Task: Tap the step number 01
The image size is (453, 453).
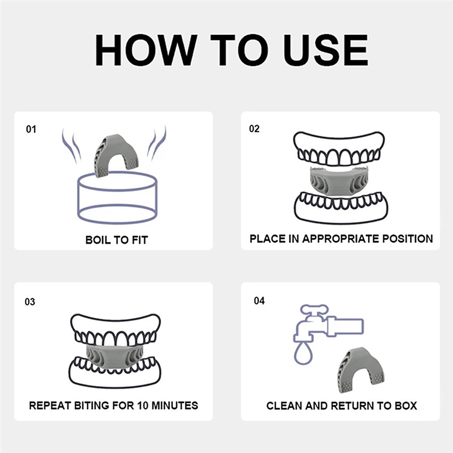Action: point(31,129)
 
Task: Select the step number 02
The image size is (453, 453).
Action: point(254,129)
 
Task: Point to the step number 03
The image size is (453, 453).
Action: point(30,302)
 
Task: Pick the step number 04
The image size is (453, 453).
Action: point(259,301)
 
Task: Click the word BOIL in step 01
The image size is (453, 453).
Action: point(98,240)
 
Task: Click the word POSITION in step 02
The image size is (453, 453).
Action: point(408,239)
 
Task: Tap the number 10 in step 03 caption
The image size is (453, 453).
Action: point(143,405)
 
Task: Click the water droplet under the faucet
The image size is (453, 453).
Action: point(303,353)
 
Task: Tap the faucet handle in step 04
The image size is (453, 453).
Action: point(314,309)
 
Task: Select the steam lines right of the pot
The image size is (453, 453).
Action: point(156,143)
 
